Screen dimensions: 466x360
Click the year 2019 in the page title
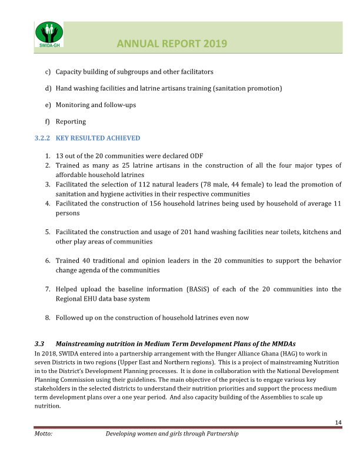[215, 44]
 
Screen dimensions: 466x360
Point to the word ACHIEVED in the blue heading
[122, 138]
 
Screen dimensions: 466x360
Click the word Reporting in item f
[71, 122]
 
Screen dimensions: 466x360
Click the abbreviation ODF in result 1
[195, 156]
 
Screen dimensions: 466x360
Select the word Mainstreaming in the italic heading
[82, 344]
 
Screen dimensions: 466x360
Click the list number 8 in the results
[47, 318]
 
